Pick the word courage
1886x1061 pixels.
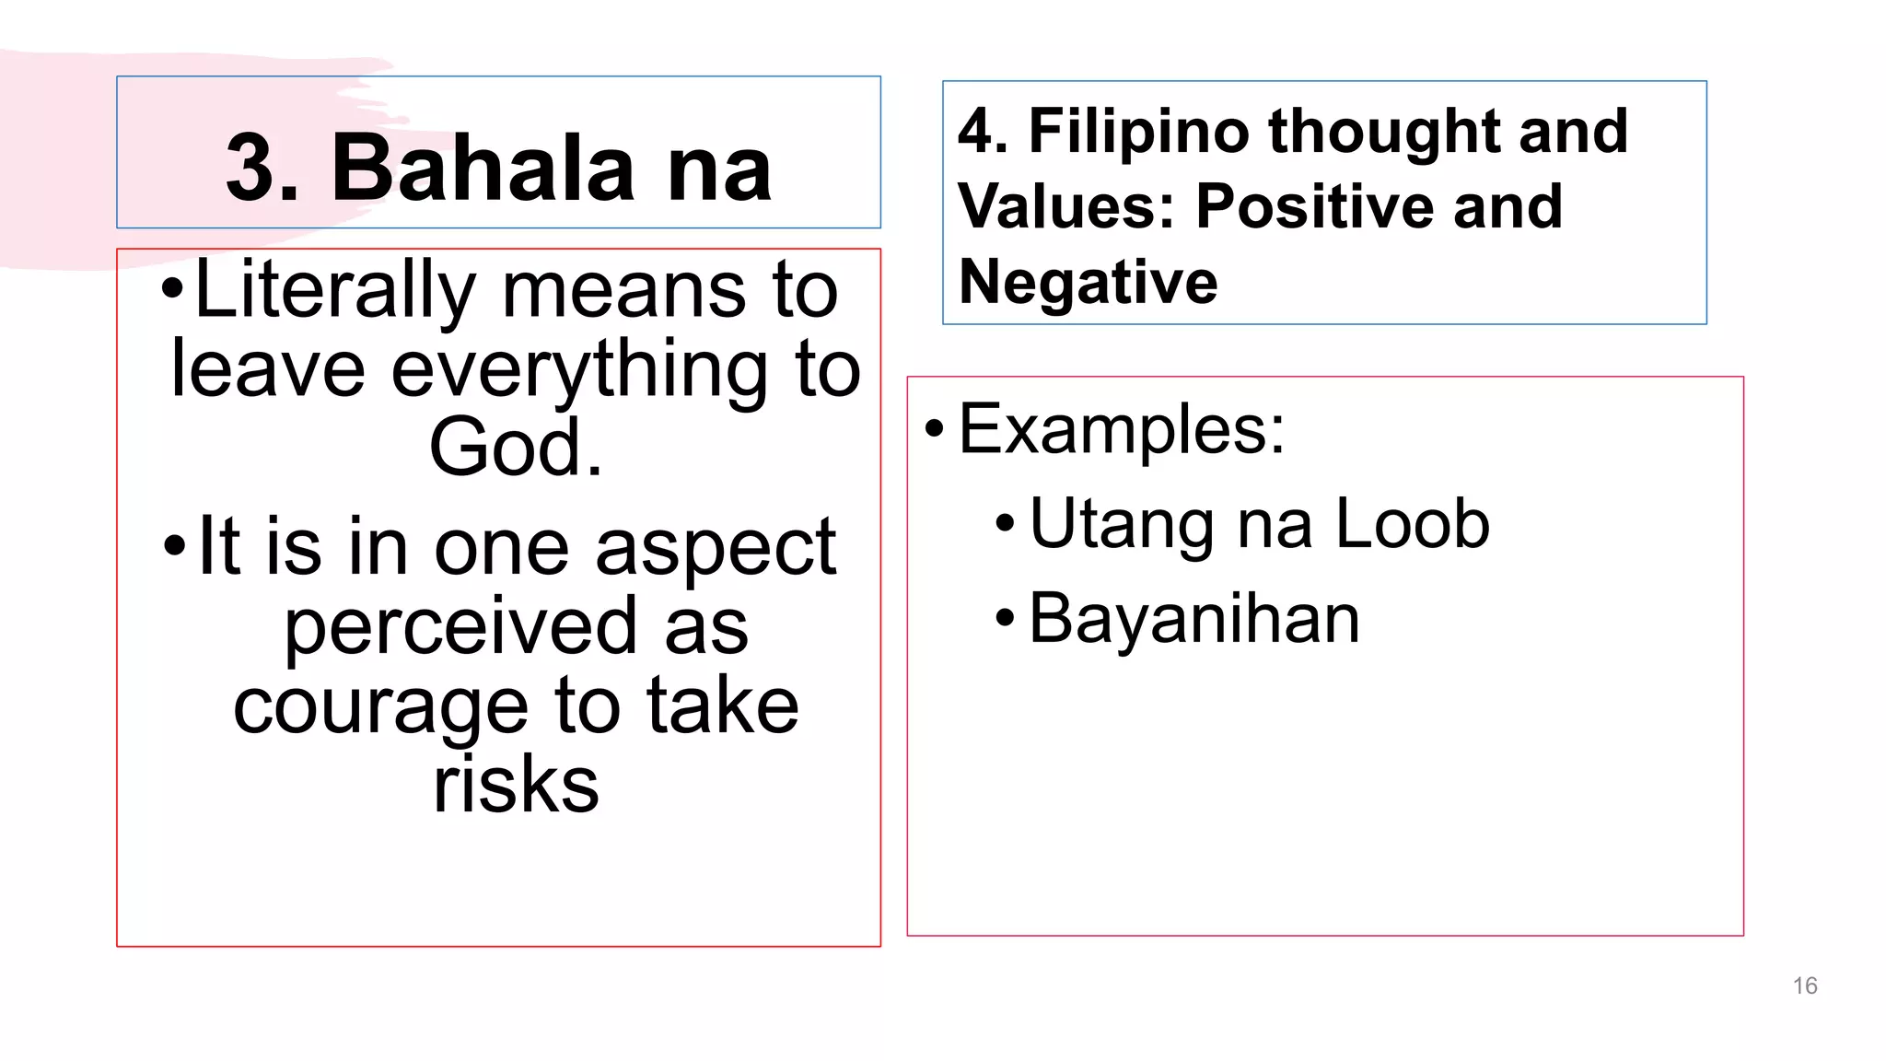(380, 707)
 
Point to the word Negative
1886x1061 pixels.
(1088, 282)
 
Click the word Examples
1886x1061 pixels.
(1121, 429)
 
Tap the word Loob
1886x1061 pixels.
(1412, 524)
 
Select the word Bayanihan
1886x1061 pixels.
(1193, 619)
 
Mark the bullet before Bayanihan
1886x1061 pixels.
(1005, 619)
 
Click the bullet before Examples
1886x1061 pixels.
(935, 429)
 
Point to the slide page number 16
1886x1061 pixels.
(1805, 986)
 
